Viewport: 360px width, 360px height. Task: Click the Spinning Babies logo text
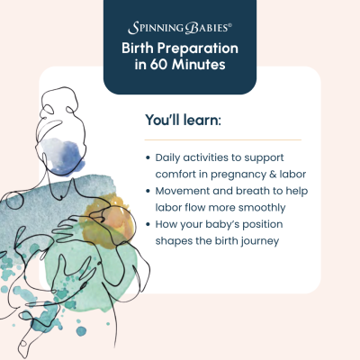(x=179, y=28)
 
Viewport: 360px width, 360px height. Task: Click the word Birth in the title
(x=140, y=49)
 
